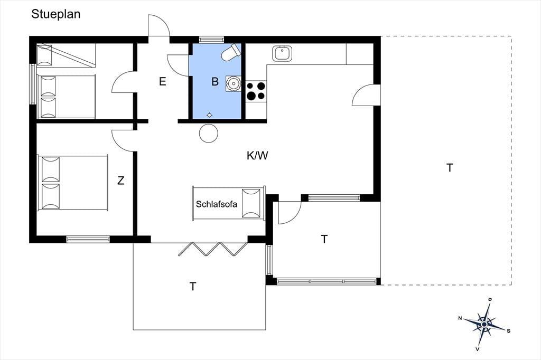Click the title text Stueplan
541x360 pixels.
coord(56,14)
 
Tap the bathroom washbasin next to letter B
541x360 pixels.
coord(234,83)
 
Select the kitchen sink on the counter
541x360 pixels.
coord(282,53)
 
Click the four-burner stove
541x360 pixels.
coord(256,91)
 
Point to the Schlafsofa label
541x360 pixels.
coord(216,204)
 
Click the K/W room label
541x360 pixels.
coord(257,156)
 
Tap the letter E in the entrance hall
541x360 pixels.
coord(163,81)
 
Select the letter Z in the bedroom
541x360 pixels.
coord(121,181)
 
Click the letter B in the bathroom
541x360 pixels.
coord(215,81)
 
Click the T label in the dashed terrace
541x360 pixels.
coord(450,167)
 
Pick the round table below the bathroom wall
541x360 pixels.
coord(209,133)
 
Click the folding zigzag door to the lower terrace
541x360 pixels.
coord(213,249)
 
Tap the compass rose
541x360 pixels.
coord(485,324)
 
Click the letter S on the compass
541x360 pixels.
coord(509,331)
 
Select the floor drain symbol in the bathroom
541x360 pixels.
coord(209,115)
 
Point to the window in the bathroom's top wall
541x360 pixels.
coord(211,39)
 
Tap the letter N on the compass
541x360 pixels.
coord(460,318)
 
